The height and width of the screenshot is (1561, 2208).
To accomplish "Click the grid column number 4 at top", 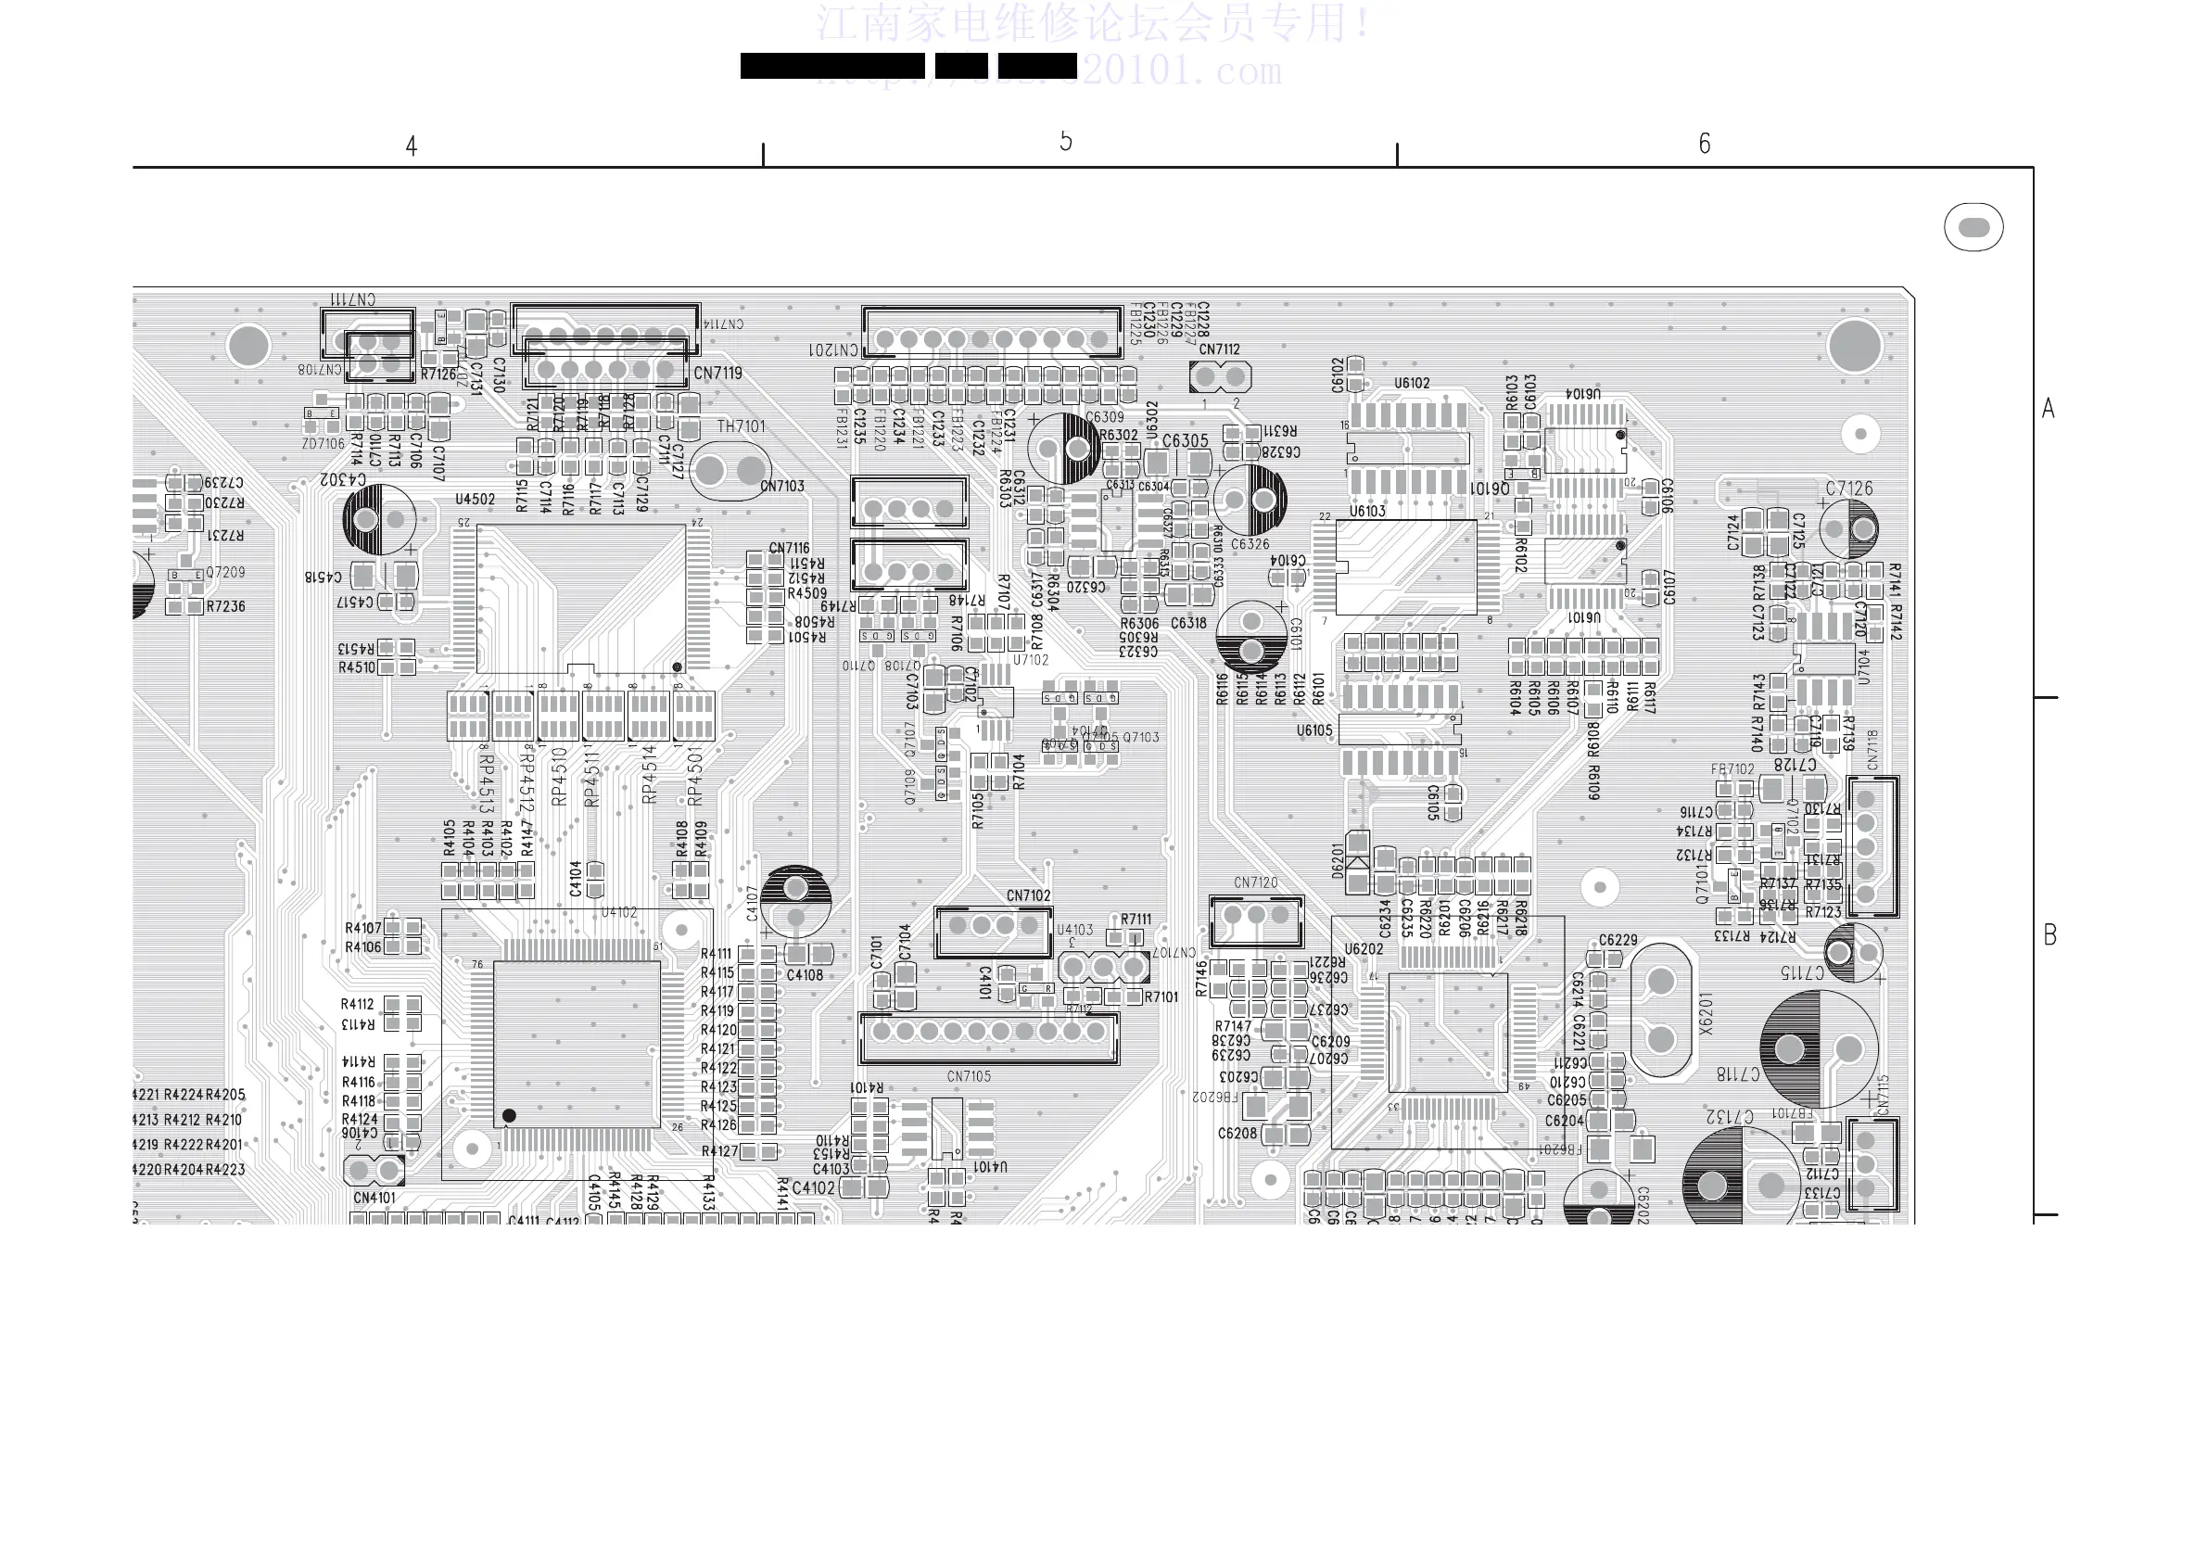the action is [412, 146].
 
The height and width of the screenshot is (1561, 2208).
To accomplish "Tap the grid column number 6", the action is [1704, 145].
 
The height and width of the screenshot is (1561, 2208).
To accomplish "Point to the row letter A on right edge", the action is [2049, 409].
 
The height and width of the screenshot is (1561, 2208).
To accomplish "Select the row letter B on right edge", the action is [2049, 935].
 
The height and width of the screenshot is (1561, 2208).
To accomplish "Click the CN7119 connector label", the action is [717, 374].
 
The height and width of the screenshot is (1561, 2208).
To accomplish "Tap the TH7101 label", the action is [741, 426].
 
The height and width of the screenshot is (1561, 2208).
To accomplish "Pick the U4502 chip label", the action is [476, 500].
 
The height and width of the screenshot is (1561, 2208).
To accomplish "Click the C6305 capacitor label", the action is [1185, 440].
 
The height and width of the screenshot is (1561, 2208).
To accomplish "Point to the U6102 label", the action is [1412, 383].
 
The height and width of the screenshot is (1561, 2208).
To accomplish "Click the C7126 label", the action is [1849, 489].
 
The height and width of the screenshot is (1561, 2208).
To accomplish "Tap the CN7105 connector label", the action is [969, 1076].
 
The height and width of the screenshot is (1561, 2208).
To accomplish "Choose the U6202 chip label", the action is [1364, 949].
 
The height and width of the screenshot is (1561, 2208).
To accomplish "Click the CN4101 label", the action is [374, 1198].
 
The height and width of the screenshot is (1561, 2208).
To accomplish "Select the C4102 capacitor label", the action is [814, 1187].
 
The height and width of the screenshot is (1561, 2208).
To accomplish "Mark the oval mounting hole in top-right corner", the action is [1973, 228].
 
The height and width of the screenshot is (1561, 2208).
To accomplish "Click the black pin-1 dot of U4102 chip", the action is [509, 1116].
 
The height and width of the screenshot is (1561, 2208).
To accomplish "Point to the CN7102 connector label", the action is [1028, 895].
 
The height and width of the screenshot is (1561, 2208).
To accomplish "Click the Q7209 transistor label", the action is [225, 572].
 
